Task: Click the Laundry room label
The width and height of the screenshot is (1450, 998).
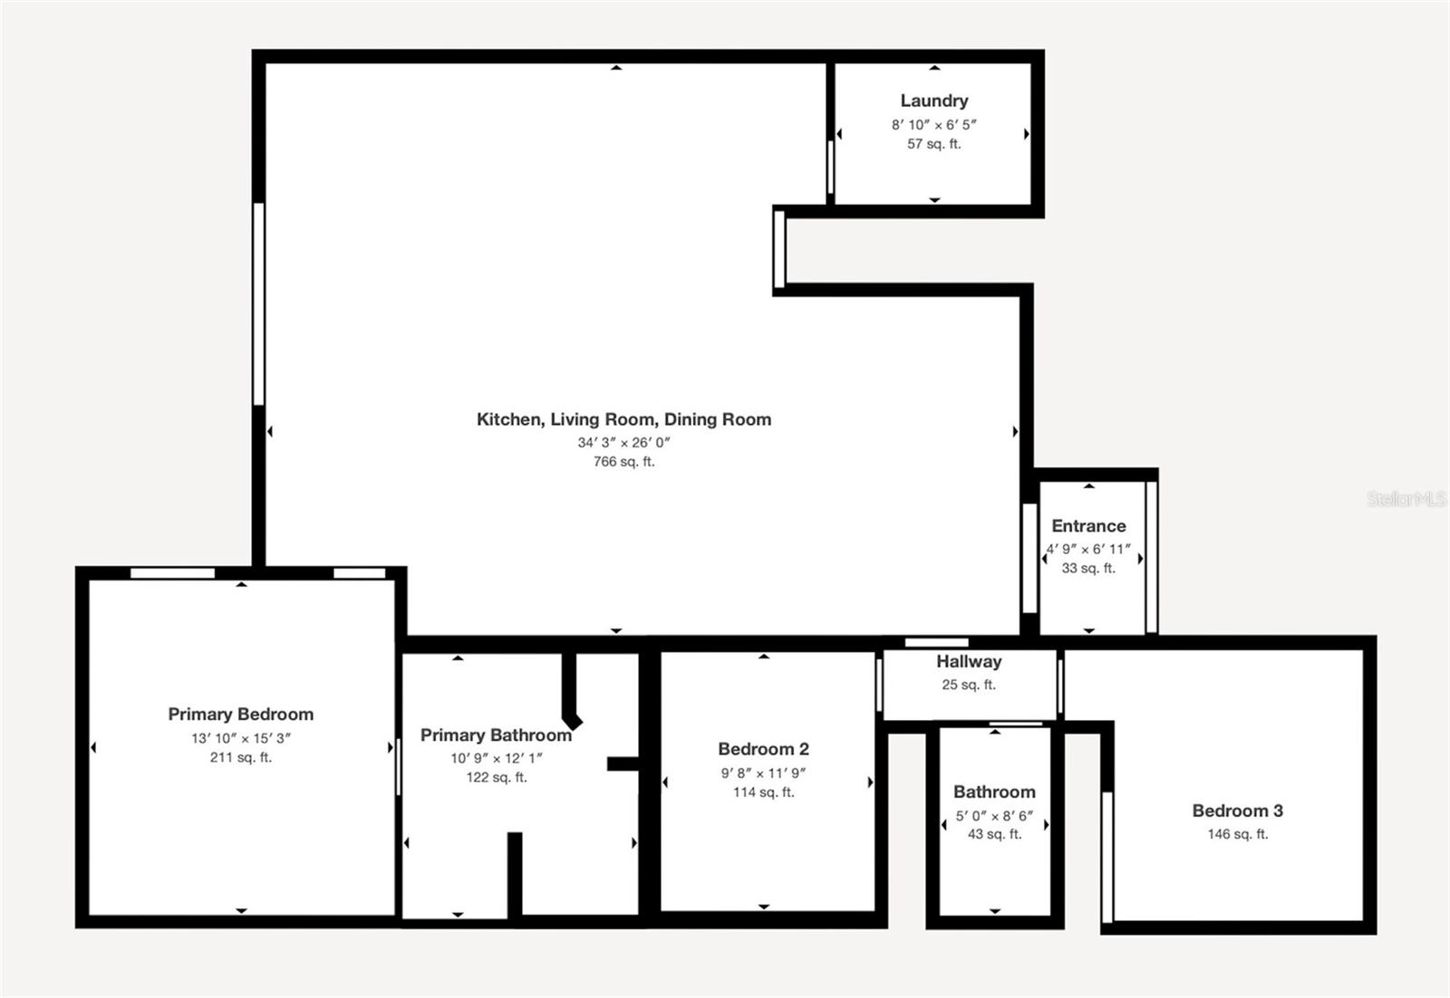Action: coord(933,101)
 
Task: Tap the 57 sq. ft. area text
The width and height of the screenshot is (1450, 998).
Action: coord(933,144)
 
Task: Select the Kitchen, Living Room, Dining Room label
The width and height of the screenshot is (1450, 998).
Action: coord(623,419)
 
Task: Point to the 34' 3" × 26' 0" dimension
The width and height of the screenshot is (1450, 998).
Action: coord(623,443)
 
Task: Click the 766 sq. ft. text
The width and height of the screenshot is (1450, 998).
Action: coord(623,462)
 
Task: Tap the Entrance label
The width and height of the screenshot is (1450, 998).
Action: coord(1088,526)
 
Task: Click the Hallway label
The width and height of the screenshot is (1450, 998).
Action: coord(969,662)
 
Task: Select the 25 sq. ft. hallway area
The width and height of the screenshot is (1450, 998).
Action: coord(969,685)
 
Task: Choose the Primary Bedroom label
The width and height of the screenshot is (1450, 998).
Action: coord(240,715)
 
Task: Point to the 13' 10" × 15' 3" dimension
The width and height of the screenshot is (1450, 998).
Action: coord(240,738)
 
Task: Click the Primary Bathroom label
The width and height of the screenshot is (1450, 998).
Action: coord(496,735)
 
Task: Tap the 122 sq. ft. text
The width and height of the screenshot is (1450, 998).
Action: coord(496,777)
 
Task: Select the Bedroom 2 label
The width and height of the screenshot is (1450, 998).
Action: coord(763,749)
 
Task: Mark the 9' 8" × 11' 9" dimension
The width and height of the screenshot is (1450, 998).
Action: coord(763,773)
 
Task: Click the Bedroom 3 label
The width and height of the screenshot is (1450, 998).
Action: coord(1237,811)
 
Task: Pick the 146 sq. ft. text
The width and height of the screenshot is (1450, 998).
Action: coord(1237,834)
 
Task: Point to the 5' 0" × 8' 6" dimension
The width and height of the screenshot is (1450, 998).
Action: coord(994,816)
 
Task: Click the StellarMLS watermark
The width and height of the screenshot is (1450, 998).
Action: coord(1406,499)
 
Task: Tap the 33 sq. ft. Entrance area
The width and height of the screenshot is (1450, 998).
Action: coord(1088,569)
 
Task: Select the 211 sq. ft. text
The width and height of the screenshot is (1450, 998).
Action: coord(240,757)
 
